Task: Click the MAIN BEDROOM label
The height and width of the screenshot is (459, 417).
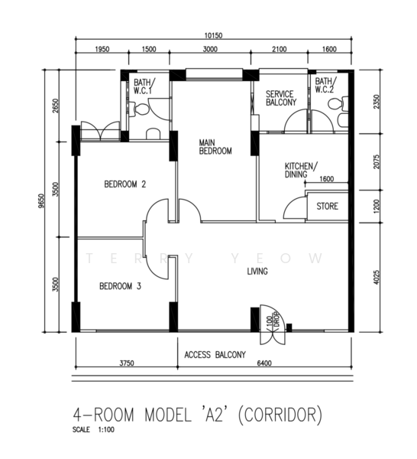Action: pos(215,147)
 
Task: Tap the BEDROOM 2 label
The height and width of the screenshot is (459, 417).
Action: pos(125,184)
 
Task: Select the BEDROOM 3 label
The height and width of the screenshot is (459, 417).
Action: pos(120,286)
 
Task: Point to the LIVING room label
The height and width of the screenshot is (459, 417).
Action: pos(257,272)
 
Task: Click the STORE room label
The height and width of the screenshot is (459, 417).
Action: pos(328,206)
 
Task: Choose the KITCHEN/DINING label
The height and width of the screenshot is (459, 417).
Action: pos(301,171)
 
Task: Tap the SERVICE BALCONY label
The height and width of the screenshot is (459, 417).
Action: pos(281,98)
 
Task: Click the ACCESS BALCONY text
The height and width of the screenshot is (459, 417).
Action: pos(215,355)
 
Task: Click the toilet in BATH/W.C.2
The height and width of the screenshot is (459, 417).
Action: pos(338,104)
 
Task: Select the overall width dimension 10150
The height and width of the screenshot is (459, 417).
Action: pos(213,36)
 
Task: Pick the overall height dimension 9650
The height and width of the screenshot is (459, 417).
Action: pos(42,201)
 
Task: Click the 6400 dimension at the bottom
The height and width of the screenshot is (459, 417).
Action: pos(264,363)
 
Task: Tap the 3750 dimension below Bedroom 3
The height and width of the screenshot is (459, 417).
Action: pos(127,363)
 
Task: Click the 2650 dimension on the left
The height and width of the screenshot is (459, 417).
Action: pos(56,106)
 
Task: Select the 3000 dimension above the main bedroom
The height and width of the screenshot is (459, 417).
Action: pos(210,49)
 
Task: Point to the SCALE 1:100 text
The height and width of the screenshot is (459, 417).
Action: pos(93,430)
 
